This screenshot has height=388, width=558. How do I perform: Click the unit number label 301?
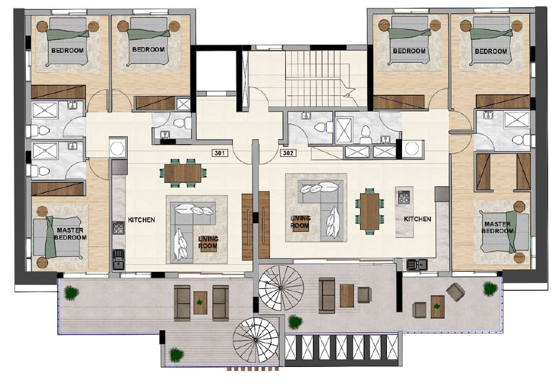coord(220,153)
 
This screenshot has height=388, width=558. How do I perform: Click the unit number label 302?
coord(287,153)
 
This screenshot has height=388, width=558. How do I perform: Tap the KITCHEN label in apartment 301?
coord(141,220)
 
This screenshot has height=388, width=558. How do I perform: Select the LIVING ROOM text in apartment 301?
coord(209,243)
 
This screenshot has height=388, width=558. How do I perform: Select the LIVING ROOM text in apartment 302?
coord(300,222)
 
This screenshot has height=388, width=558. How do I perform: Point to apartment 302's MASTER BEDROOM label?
coord(496,227)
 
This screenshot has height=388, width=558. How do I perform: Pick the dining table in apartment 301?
coord(183,173)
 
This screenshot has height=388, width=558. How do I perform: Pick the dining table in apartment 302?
coord(370,209)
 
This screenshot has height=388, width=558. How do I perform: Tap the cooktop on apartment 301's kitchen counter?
coord(119,228)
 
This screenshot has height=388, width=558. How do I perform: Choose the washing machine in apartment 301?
coord(117,148)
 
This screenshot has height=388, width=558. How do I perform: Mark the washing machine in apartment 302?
coord(414,149)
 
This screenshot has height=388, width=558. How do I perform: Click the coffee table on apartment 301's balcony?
coord(200,303)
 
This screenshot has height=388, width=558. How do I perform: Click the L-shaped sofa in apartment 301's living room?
coord(188,226)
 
